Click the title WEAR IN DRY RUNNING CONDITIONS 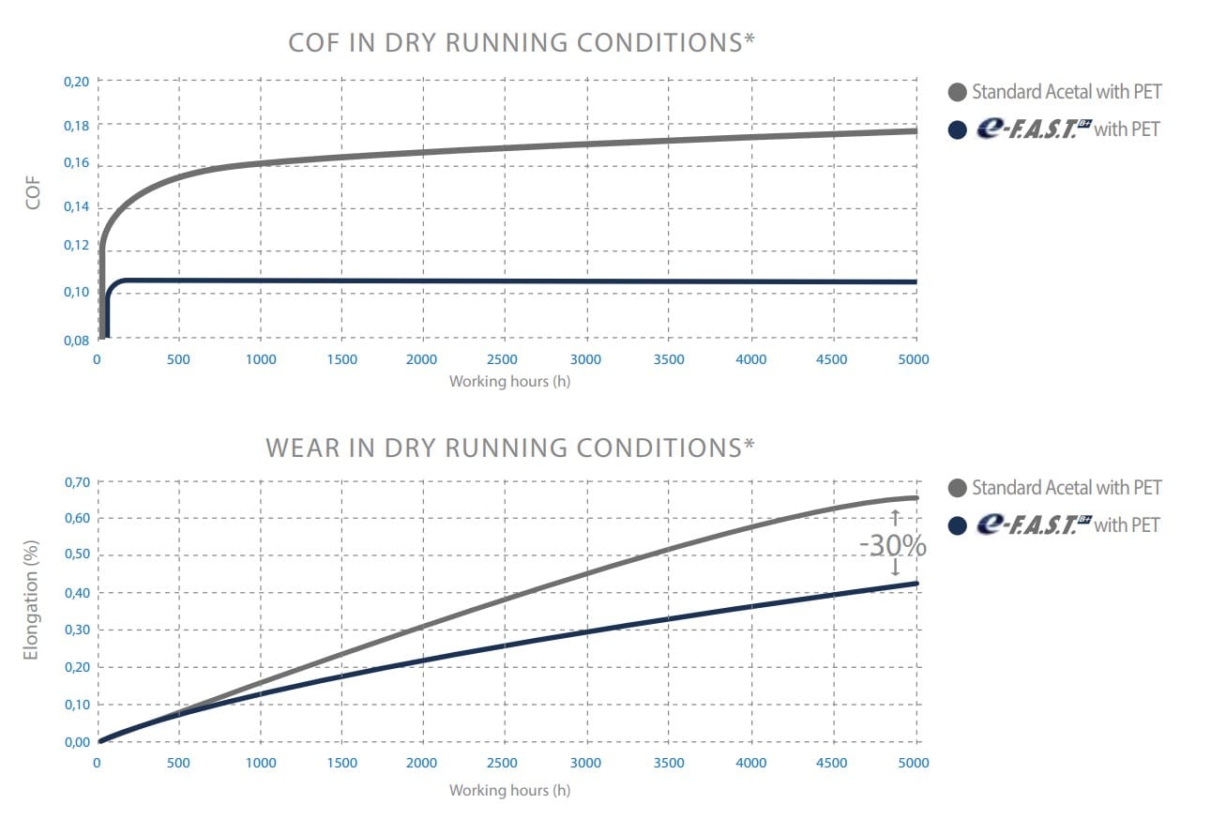[x=510, y=448]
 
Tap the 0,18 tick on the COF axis [x=76, y=125]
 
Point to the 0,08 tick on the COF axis [x=76, y=340]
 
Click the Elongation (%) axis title [x=32, y=599]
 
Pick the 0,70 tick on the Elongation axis [x=76, y=482]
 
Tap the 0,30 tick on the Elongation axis [x=76, y=630]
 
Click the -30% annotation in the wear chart [x=892, y=545]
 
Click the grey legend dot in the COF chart [x=958, y=92]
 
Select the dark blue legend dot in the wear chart [x=958, y=525]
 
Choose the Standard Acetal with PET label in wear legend [x=1067, y=488]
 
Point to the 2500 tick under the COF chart [x=504, y=359]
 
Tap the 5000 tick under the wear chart [x=914, y=763]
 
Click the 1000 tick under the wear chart [x=261, y=763]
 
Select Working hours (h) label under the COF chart [x=509, y=382]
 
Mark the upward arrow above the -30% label [x=894, y=515]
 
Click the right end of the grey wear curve [x=916, y=498]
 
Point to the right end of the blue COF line [x=916, y=281]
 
